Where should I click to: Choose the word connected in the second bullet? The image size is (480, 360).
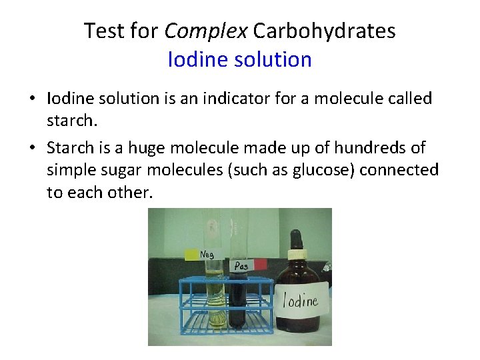[x=399, y=170]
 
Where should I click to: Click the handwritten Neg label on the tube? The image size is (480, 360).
[x=207, y=254]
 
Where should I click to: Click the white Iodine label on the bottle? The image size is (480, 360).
[x=301, y=298]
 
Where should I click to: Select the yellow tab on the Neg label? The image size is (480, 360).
[x=191, y=254]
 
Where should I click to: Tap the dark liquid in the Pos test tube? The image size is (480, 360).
[x=237, y=300]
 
